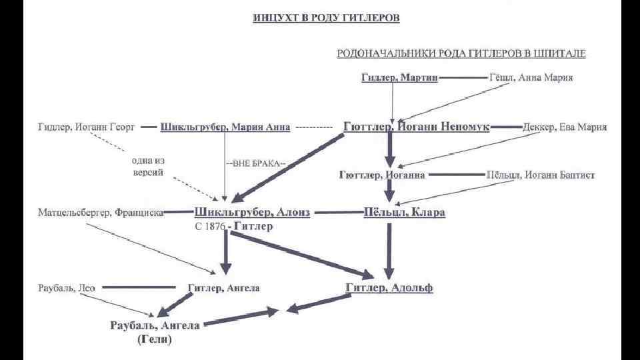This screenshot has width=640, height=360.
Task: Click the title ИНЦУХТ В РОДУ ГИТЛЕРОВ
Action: [327, 18]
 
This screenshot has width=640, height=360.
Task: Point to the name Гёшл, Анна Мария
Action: [530, 77]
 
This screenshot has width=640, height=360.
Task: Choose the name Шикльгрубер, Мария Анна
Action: [225, 127]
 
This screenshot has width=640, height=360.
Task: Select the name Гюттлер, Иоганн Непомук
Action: [417, 126]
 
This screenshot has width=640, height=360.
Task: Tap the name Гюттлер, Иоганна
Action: [382, 175]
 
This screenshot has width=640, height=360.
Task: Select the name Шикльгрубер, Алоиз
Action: [252, 213]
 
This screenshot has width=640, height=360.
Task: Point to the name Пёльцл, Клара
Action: [404, 213]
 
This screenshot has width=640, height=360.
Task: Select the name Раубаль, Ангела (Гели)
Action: [154, 332]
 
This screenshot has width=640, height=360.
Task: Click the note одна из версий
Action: [148, 166]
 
